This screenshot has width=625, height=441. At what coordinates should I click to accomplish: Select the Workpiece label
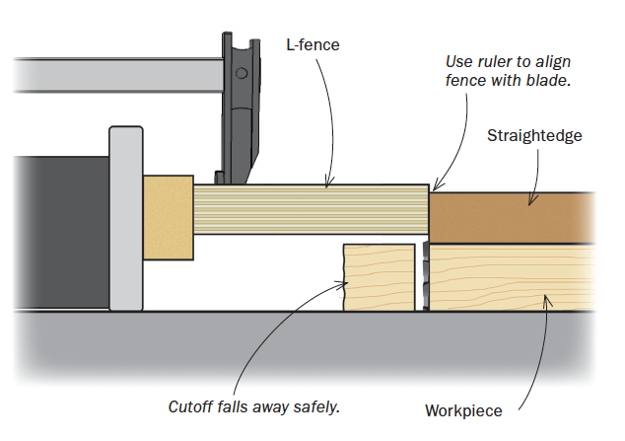click(463, 410)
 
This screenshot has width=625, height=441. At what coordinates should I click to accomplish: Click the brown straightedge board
click(513, 216)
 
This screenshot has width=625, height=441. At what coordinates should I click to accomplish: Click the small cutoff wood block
click(378, 278)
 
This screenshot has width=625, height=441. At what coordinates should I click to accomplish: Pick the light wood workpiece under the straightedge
click(513, 278)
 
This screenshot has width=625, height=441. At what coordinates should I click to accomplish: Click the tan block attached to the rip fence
click(168, 217)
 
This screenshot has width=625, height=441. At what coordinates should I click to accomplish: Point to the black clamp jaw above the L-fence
click(240, 109)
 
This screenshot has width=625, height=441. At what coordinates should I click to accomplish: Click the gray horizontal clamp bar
click(108, 75)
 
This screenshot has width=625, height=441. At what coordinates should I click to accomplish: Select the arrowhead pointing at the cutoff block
click(344, 284)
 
